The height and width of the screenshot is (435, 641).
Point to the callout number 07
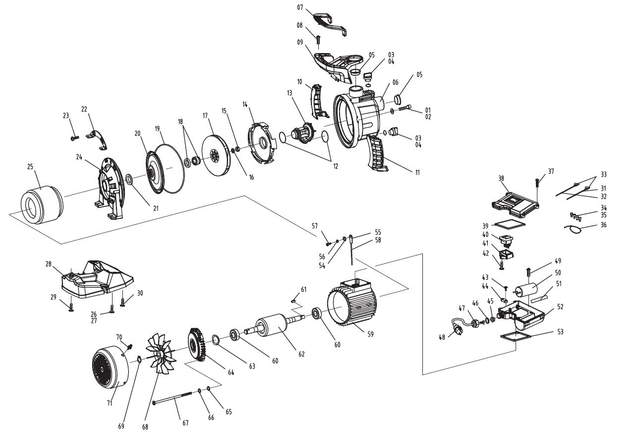(299, 8)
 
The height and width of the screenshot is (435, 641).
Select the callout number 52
(560, 307)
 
